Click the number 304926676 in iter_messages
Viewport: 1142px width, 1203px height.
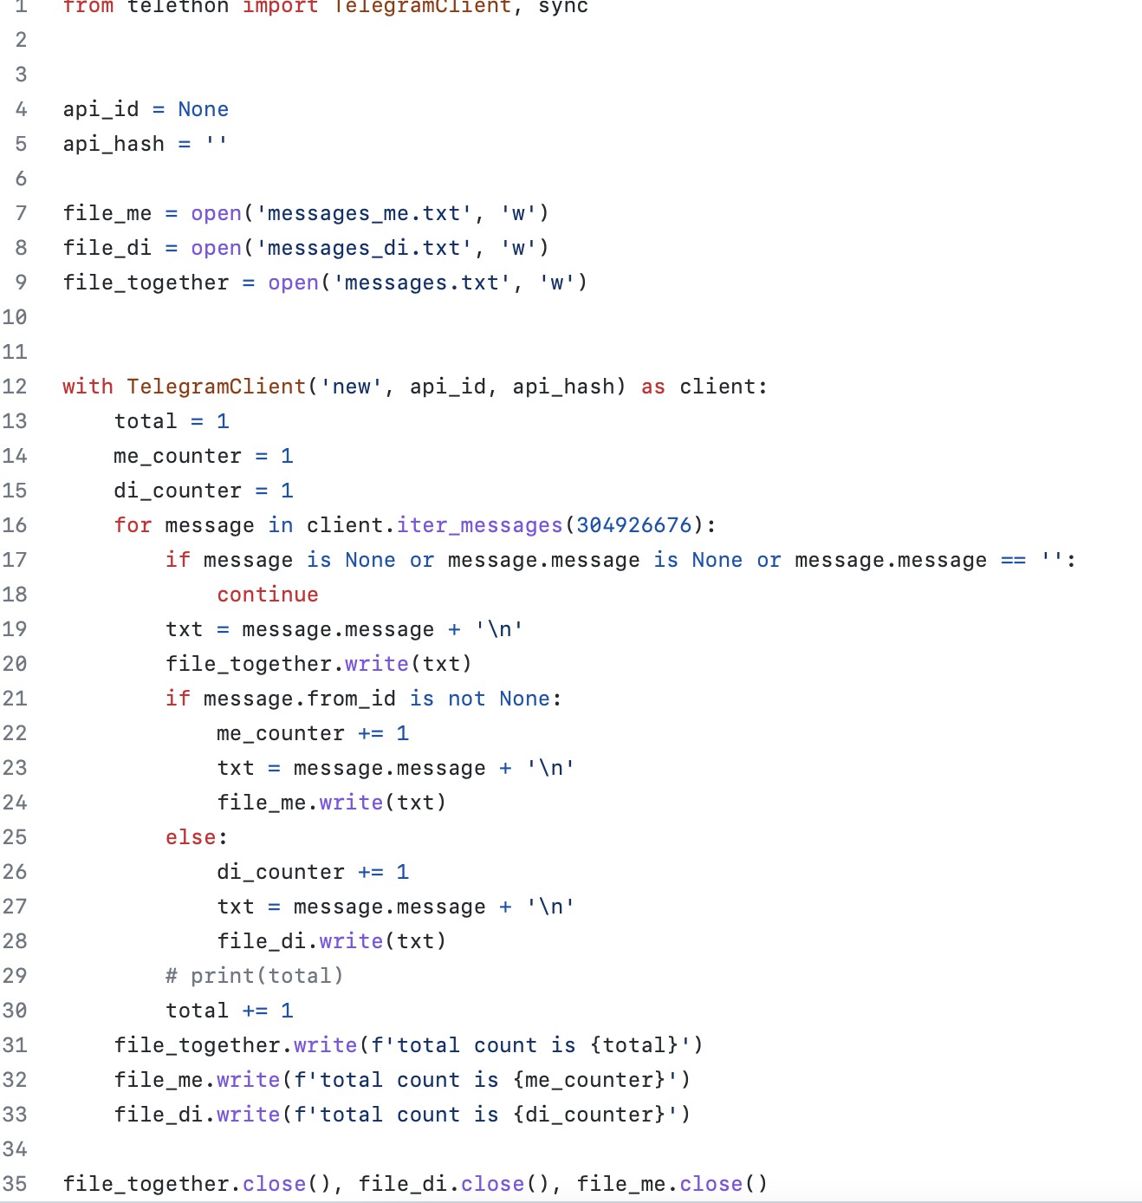(634, 525)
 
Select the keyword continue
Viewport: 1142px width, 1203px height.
(267, 595)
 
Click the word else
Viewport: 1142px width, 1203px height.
(191, 837)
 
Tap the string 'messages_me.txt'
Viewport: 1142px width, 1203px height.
(365, 213)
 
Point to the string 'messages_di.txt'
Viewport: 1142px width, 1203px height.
(365, 248)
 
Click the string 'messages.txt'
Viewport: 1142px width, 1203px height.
(422, 283)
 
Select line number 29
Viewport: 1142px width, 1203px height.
(15, 975)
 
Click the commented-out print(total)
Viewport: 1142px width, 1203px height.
(255, 975)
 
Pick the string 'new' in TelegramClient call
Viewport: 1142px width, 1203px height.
(351, 387)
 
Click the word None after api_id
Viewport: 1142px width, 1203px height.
(203, 109)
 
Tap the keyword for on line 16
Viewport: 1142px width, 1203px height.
(133, 525)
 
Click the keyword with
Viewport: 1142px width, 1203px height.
(88, 387)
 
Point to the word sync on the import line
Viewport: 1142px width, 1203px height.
(562, 7)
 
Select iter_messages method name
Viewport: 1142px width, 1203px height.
(479, 525)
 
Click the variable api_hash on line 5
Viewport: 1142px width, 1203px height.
(114, 145)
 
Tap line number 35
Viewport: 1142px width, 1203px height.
(15, 1183)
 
